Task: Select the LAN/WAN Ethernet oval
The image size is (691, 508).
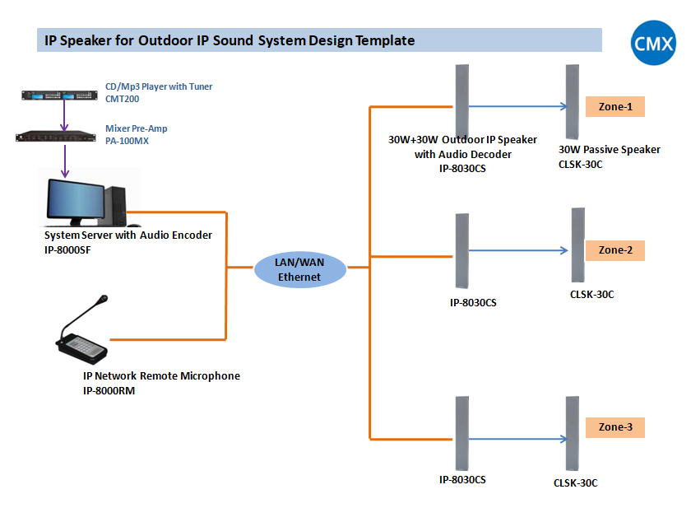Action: pos(299,269)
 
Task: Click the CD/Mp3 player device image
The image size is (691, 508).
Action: pos(63,96)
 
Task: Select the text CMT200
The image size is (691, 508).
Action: pos(123,98)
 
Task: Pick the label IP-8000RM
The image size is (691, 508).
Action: pos(109,391)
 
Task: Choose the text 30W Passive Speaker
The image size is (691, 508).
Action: pos(609,150)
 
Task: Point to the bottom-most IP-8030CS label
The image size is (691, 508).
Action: pos(461,479)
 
